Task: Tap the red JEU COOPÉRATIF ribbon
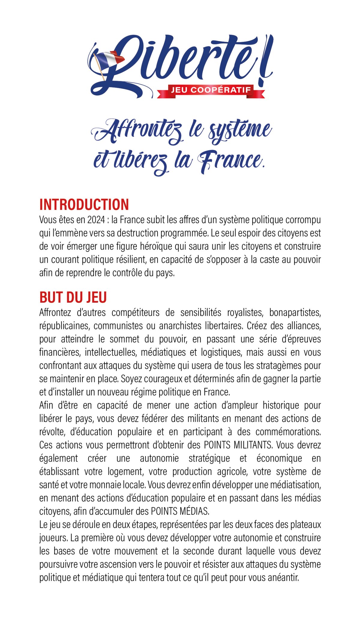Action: click(x=211, y=90)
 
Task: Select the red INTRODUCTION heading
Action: click(x=84, y=205)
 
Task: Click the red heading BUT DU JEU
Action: click(x=73, y=297)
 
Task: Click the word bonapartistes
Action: click(x=295, y=313)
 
